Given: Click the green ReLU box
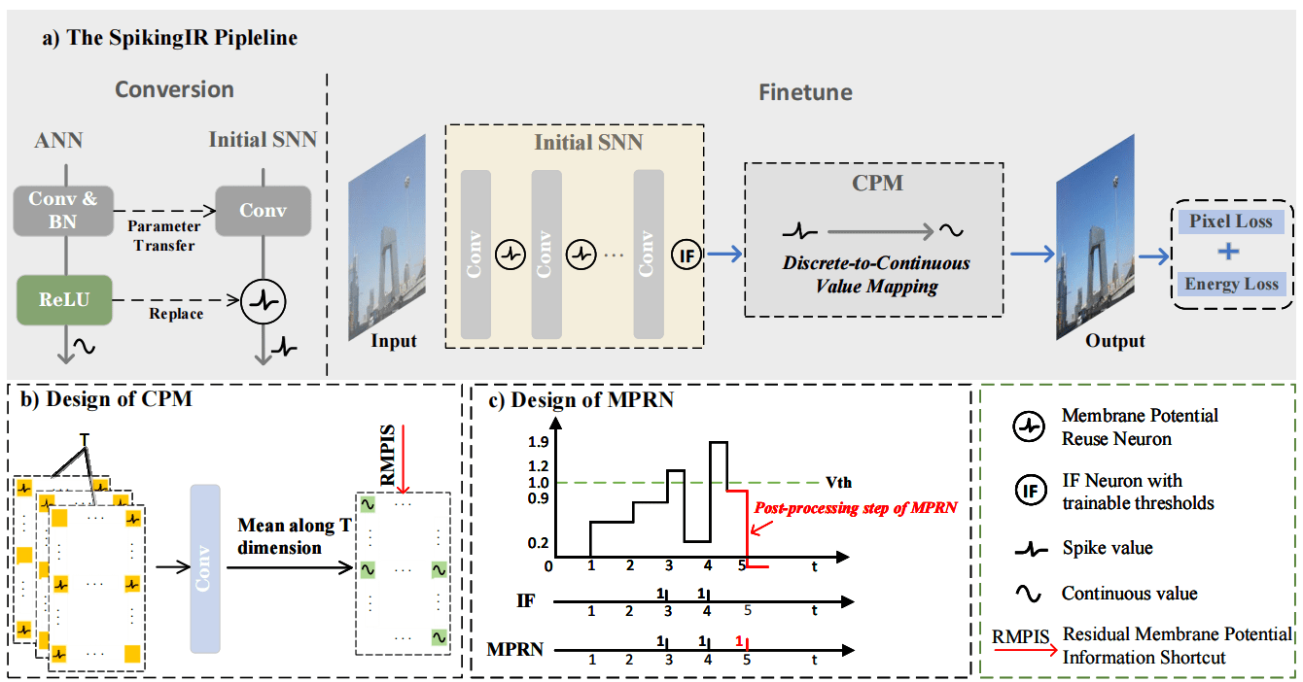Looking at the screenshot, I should pos(63,299).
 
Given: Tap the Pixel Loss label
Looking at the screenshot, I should pos(1231,222).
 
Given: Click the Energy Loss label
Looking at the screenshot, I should pos(1231,284).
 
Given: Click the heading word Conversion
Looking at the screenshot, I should pos(174,89).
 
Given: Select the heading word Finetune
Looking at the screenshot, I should pos(805,92).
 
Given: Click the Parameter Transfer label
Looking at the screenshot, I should pos(164,236).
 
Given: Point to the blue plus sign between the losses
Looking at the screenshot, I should pos(1230,253).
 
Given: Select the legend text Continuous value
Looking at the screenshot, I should pos(1129,593).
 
